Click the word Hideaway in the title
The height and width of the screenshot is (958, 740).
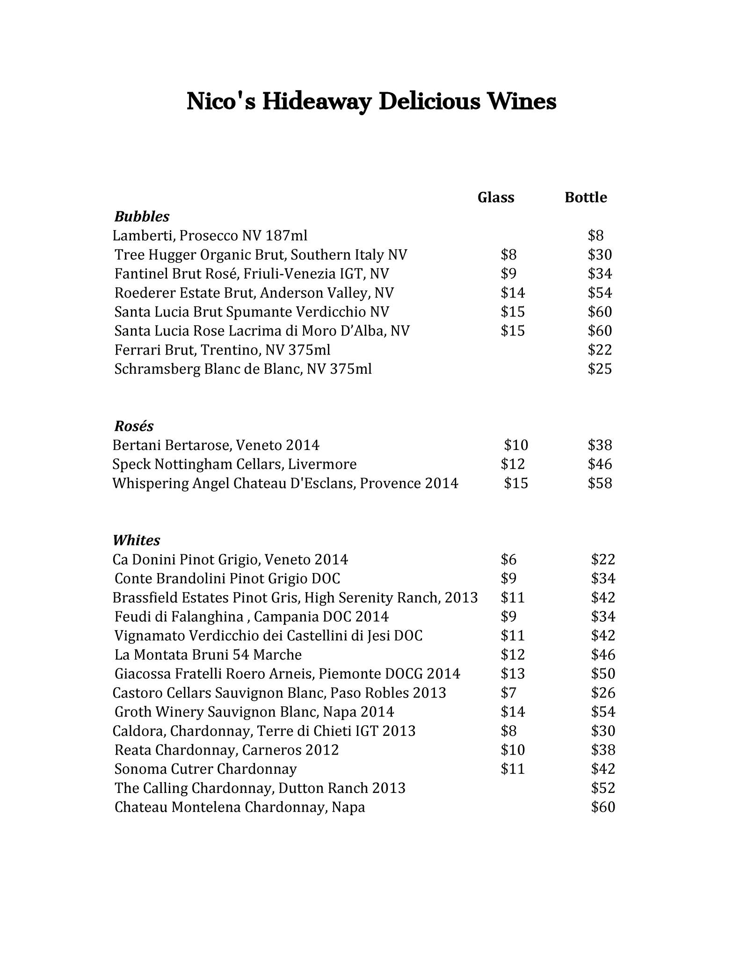[x=316, y=102]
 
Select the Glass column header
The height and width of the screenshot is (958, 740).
[x=496, y=197]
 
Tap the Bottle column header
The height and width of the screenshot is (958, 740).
[x=586, y=197]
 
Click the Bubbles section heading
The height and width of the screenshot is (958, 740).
[x=142, y=217]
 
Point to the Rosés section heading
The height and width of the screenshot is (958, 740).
[x=134, y=426]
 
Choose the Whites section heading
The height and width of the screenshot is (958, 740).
[x=137, y=540]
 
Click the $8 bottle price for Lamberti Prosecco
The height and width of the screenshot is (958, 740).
[x=596, y=235]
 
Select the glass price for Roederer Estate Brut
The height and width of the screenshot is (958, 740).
[x=513, y=293]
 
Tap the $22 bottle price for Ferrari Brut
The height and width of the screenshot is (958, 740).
[x=600, y=350]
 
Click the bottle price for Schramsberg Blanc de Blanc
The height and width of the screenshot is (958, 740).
[x=600, y=369]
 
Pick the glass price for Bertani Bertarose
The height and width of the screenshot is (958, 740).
[x=516, y=445]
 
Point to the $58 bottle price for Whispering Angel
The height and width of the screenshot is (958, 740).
[x=600, y=483]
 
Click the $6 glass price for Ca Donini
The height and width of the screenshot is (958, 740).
[x=508, y=559]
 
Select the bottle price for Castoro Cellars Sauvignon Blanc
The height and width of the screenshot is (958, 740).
[x=603, y=693]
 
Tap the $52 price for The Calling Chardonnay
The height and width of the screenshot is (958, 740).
[x=603, y=788]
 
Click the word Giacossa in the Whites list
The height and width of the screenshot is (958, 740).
[x=142, y=674]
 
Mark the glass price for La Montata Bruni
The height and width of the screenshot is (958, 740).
[x=513, y=654]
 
